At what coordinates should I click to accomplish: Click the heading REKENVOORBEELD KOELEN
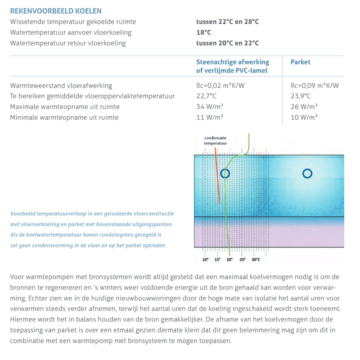click(56, 11)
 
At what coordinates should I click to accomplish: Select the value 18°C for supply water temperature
click(203, 32)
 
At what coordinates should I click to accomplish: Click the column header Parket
click(301, 62)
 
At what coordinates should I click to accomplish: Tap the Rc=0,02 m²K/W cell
click(220, 86)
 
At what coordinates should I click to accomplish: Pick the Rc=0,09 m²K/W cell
click(315, 86)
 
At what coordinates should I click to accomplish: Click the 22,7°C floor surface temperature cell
click(207, 96)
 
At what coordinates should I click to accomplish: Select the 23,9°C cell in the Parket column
click(301, 96)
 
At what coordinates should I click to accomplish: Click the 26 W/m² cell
click(304, 107)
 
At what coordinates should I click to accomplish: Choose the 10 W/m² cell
click(304, 118)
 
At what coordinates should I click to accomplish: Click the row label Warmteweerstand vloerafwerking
click(61, 86)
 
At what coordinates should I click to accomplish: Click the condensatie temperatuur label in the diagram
click(215, 141)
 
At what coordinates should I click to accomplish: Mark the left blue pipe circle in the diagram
click(225, 173)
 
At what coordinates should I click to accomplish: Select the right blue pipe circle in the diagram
click(307, 173)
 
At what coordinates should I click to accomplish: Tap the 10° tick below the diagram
click(206, 260)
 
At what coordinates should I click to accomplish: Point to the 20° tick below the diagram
click(229, 260)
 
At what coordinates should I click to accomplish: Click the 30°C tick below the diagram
click(256, 260)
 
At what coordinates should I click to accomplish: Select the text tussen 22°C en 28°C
click(227, 22)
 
